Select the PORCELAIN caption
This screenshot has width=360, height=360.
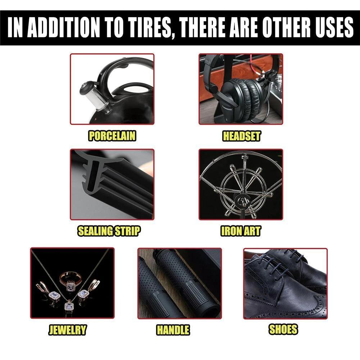point(112,136)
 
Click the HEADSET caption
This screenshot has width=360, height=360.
point(241,136)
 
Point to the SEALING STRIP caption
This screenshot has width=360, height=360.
point(109,231)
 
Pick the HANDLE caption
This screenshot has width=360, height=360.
point(173,329)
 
